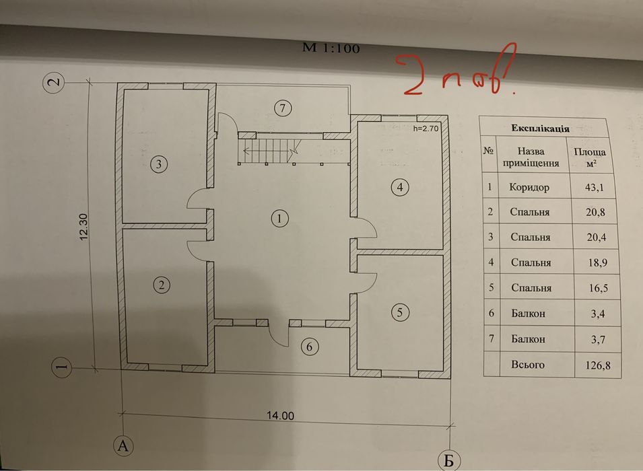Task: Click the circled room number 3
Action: [x=159, y=164]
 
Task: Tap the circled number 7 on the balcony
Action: [x=282, y=108]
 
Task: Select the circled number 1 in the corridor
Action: [x=279, y=219]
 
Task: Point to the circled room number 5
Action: [x=400, y=313]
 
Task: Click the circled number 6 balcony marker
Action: [x=309, y=347]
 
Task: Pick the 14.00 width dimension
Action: [x=281, y=416]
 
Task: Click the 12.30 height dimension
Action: [x=83, y=227]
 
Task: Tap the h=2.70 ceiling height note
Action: [x=426, y=129]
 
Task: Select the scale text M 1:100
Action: [x=331, y=48]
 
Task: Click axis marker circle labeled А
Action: [x=123, y=445]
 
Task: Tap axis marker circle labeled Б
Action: [x=448, y=461]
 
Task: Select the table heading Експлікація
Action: [x=540, y=129]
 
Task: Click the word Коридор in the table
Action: [x=529, y=187]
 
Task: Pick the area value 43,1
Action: [x=595, y=188]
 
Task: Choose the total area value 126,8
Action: [x=598, y=365]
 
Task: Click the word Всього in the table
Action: [x=528, y=365]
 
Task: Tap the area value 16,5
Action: [x=599, y=288]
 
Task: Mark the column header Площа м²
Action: [x=590, y=157]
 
